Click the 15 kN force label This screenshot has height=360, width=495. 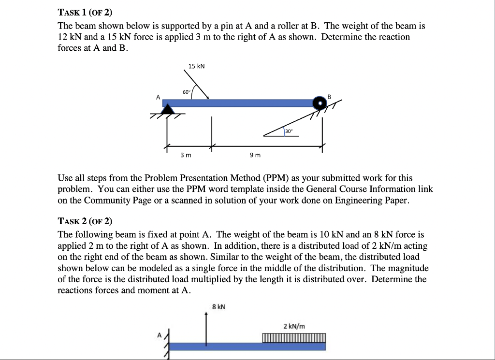(x=197, y=66)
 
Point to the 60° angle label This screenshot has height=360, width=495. (x=187, y=92)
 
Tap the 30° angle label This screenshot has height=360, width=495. (x=289, y=131)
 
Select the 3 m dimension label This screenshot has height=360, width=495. (x=186, y=155)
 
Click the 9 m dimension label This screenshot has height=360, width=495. (x=255, y=155)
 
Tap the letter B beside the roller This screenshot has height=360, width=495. (x=330, y=97)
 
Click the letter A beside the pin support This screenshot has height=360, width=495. (x=158, y=97)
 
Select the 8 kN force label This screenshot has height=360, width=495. (x=218, y=306)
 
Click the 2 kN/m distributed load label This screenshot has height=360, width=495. (x=294, y=326)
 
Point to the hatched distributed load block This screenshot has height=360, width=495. (x=294, y=337)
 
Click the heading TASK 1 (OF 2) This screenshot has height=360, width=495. (x=85, y=13)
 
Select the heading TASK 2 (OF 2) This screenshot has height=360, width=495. (x=85, y=221)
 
